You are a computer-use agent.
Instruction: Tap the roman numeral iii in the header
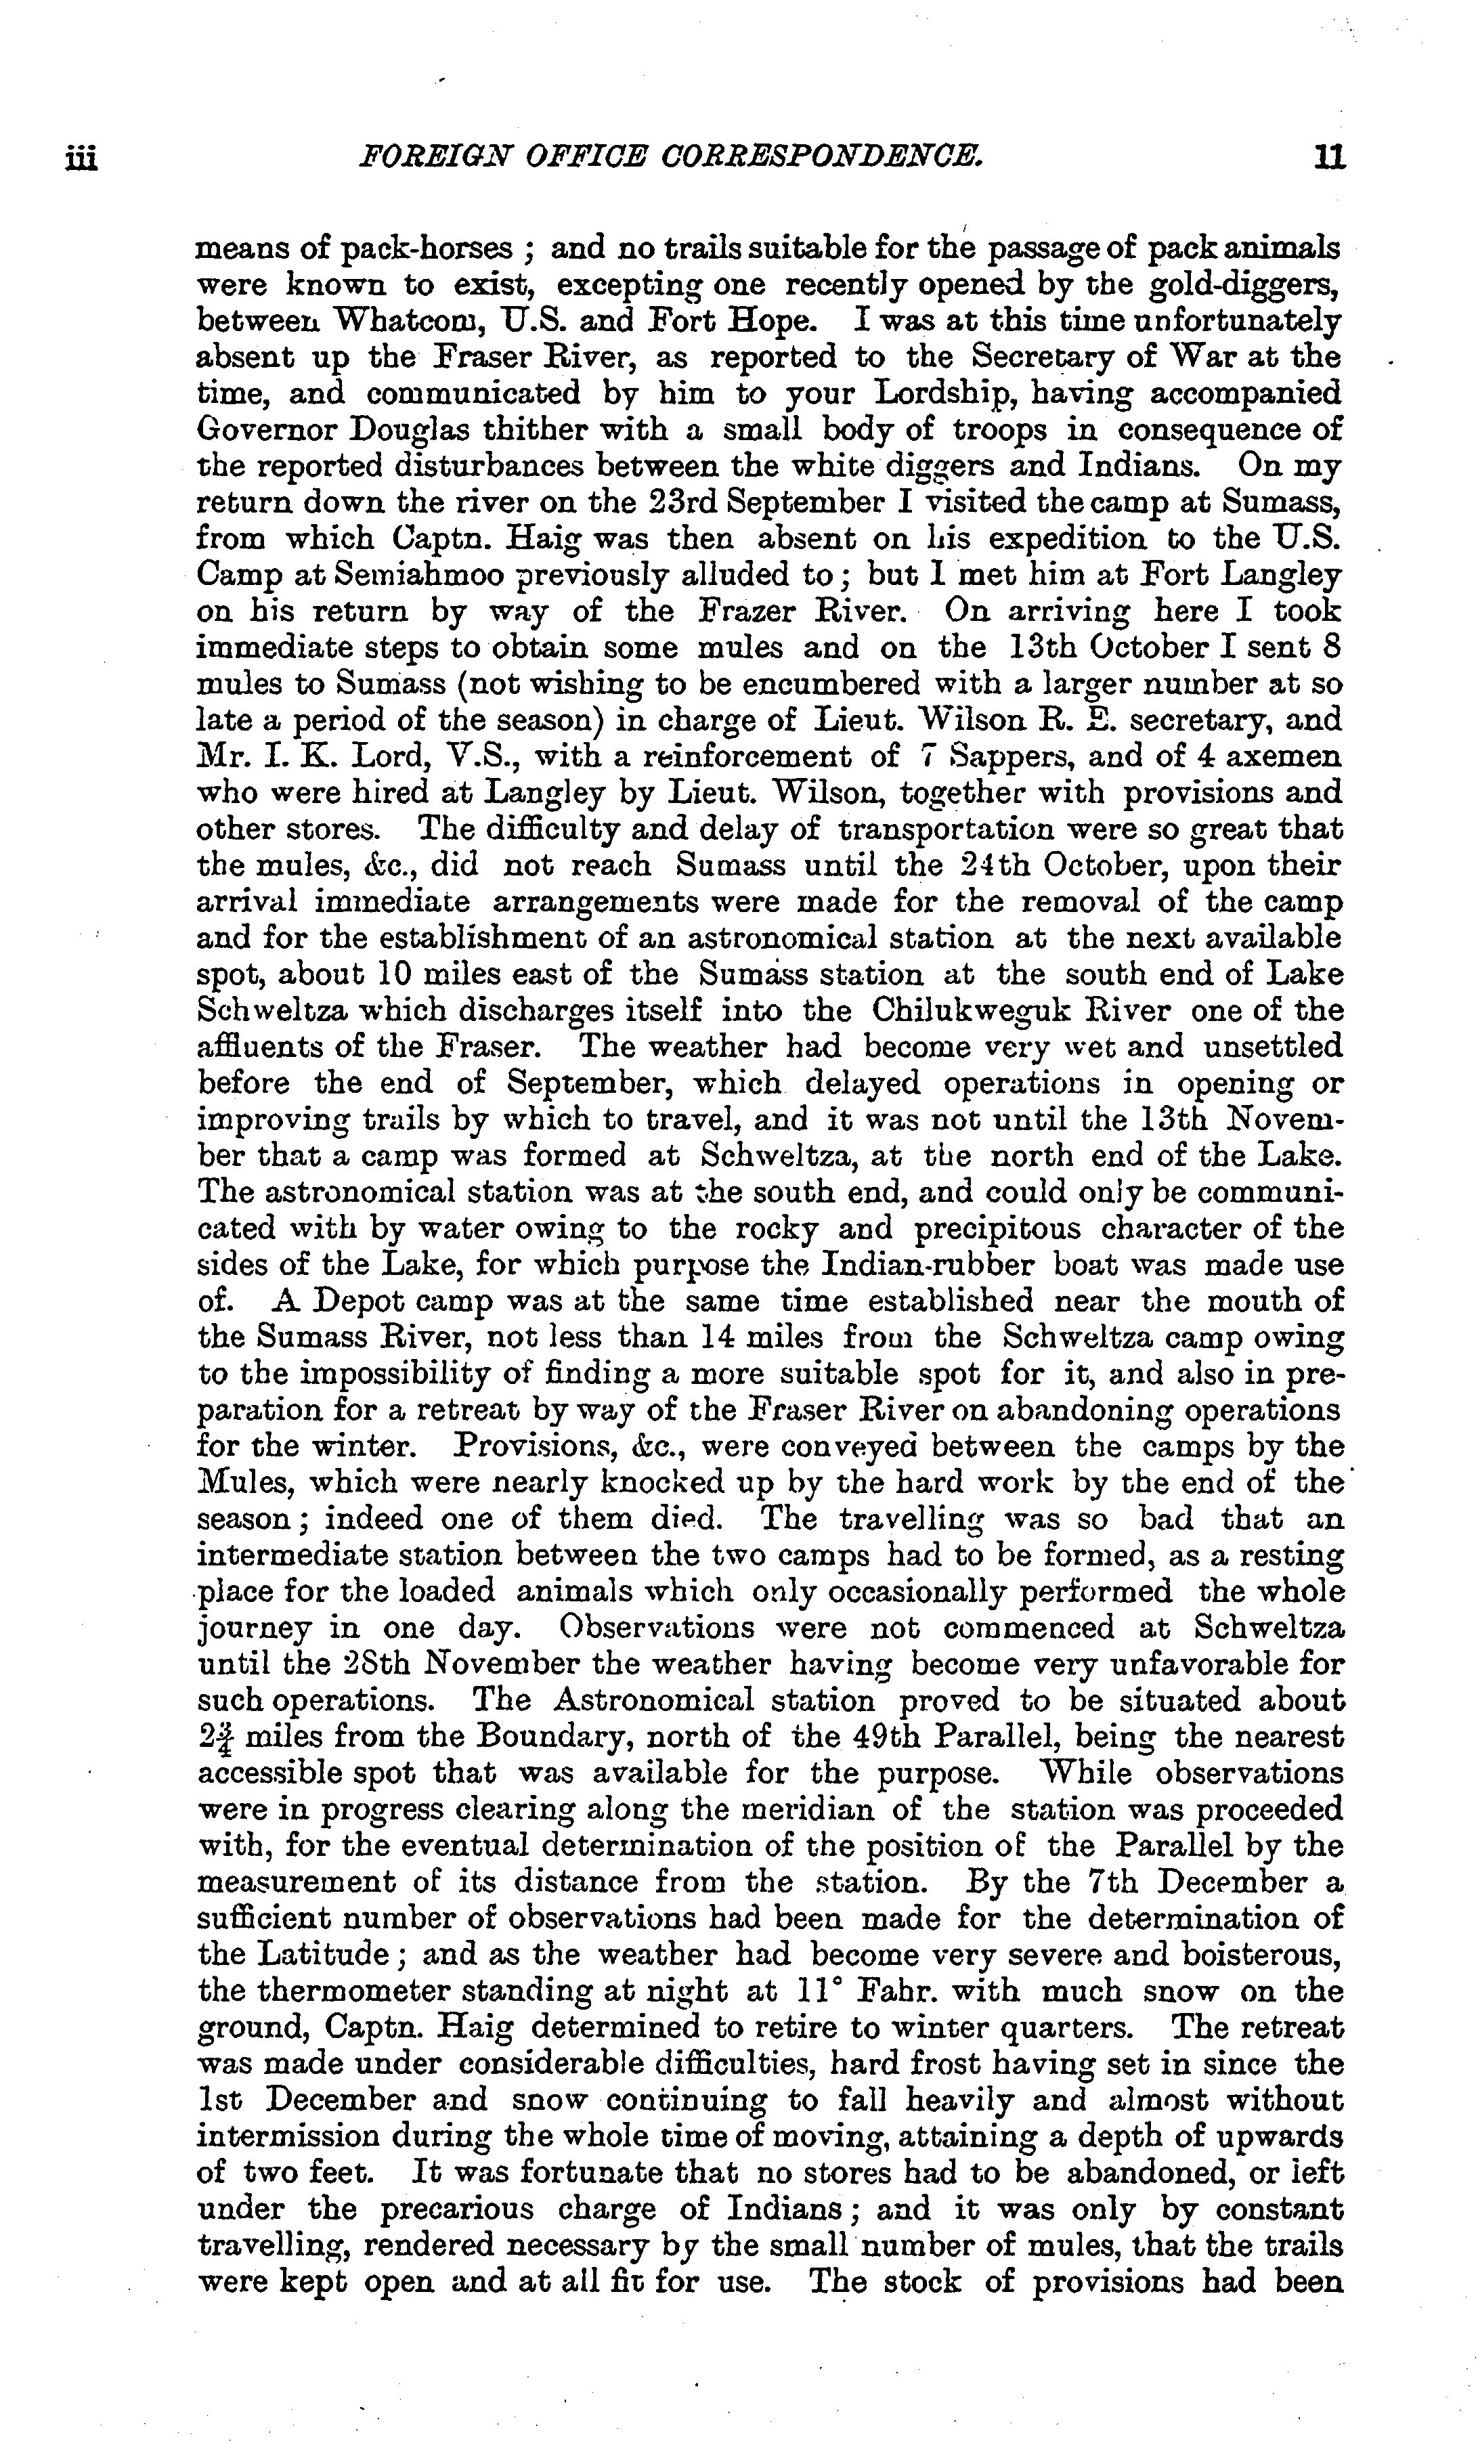coord(81,158)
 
